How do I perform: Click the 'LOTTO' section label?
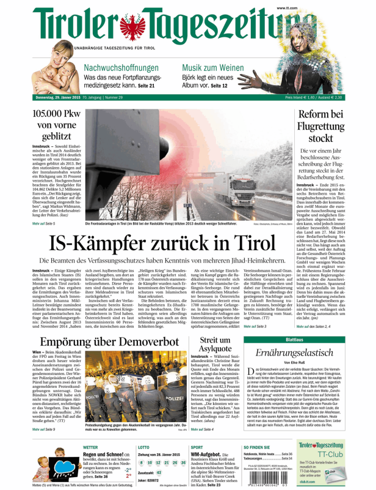tap(144, 447)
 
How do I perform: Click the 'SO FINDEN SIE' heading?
tap(258, 447)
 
